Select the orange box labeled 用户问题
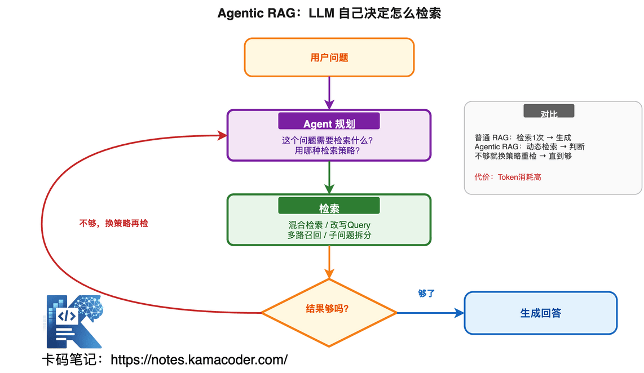[329, 57]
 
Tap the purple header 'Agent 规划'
[329, 124]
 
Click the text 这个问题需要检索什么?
[329, 141]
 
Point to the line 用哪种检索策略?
[329, 151]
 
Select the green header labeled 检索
[329, 208]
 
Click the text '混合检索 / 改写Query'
[329, 225]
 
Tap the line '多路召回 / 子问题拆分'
[329, 236]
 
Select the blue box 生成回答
[540, 313]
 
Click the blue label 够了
[426, 294]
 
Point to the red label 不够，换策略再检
[113, 223]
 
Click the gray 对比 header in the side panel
[549, 113]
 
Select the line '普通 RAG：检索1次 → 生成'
[523, 137]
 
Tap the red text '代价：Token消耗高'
[508, 177]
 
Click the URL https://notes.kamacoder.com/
[199, 359]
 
